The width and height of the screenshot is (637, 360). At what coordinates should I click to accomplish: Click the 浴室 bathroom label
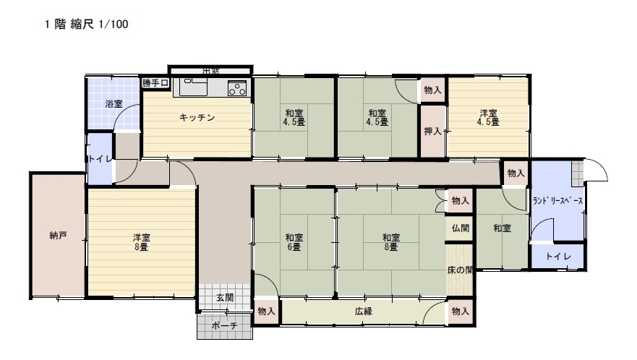coord(114,103)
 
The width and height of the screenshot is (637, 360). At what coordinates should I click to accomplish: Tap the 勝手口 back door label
coord(155,83)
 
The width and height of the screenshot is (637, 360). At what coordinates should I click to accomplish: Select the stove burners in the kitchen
coord(237,88)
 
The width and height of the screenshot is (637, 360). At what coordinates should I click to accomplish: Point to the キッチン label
coord(197,117)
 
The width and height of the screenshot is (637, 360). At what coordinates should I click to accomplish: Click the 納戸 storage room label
coord(58,235)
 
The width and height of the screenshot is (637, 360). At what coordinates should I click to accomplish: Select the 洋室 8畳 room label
coord(142,242)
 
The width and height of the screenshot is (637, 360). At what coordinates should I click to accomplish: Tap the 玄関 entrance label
coord(225,298)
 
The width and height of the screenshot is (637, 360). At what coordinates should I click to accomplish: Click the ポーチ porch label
coord(225,326)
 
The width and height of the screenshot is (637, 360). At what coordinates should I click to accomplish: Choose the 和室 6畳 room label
coord(294,242)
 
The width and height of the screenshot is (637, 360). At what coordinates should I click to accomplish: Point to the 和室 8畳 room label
coord(391,242)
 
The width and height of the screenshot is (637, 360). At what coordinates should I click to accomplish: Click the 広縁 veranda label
coord(364,312)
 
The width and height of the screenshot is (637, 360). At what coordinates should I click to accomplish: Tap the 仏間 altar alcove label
coord(461,228)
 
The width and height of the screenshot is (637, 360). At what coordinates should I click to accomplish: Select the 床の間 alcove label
coord(460,270)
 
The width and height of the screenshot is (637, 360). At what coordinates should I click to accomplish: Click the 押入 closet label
coord(432,132)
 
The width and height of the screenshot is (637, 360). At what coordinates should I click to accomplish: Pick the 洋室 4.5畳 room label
coord(488,117)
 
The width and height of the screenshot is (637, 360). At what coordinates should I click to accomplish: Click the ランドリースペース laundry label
coord(557,201)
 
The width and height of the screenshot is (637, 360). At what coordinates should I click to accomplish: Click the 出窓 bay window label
coord(211,71)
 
